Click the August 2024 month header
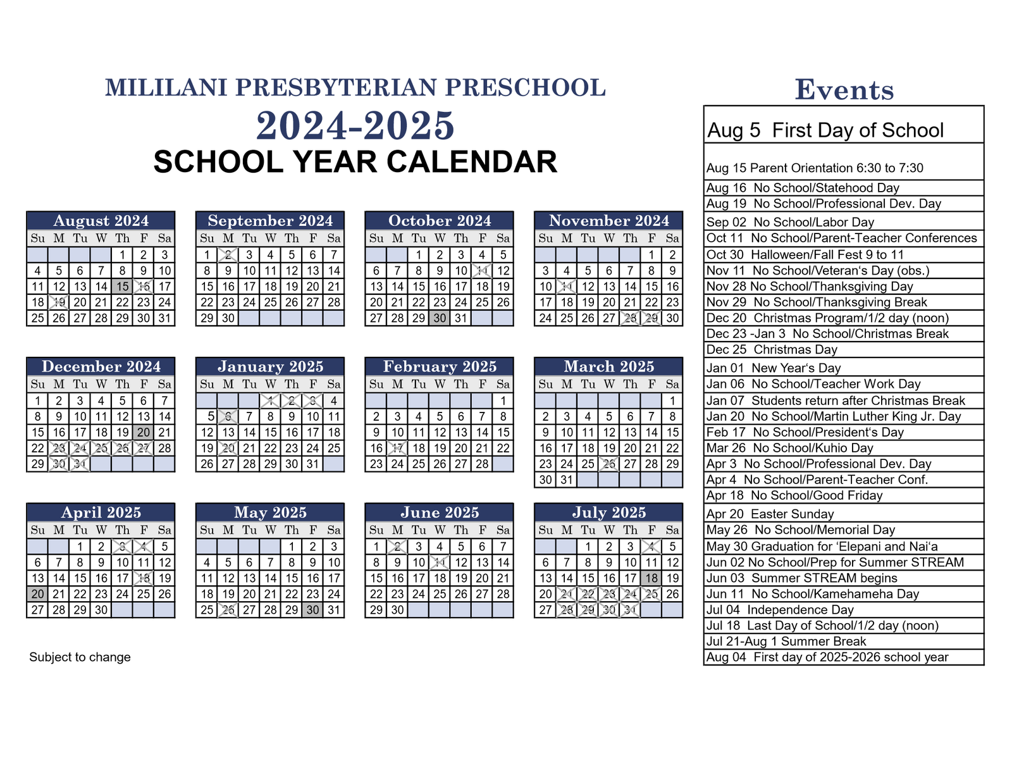(x=101, y=220)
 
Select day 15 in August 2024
(x=122, y=287)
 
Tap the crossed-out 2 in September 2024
(x=228, y=255)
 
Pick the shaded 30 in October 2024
(x=440, y=318)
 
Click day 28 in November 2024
(x=630, y=318)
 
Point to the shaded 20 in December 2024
(x=144, y=433)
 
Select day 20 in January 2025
(x=228, y=449)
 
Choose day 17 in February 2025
(x=397, y=449)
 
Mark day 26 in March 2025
(x=609, y=464)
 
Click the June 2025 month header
(x=440, y=512)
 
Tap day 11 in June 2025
(x=440, y=562)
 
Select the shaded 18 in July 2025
(x=651, y=578)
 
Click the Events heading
(x=844, y=90)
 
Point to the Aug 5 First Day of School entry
(x=825, y=130)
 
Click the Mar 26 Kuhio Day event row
(x=789, y=448)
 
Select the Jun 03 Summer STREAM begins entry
(x=801, y=578)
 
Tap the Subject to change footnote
(x=80, y=657)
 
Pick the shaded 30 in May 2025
(x=312, y=610)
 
